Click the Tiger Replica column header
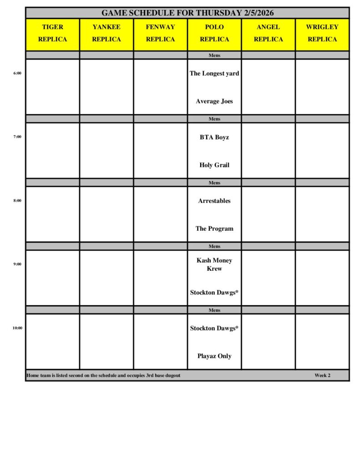[52, 33]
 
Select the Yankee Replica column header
[106, 33]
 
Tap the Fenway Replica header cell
[160, 33]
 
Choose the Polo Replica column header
[214, 33]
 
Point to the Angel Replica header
[268, 33]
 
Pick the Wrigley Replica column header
[322, 33]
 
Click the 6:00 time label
[17, 73]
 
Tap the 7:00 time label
[17, 137]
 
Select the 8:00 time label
[17, 200]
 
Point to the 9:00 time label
[17, 264]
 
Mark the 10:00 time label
[17, 328]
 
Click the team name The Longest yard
[214, 73]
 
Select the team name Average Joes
[214, 101]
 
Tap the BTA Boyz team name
[214, 137]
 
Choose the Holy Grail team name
[214, 165]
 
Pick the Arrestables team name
[214, 201]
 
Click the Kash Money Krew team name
[214, 264]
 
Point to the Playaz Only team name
[214, 356]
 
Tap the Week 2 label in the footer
[322, 375]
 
